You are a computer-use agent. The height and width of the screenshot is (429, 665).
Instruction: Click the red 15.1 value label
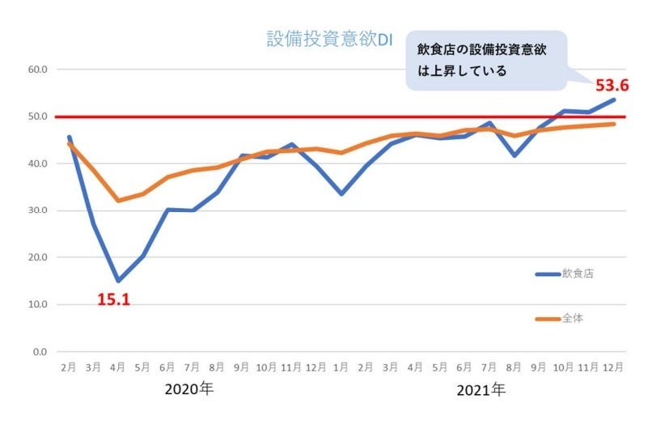point(114,299)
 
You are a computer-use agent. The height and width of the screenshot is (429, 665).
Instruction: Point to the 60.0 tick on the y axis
point(37,70)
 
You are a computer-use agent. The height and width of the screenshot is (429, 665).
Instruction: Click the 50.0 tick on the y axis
point(37,117)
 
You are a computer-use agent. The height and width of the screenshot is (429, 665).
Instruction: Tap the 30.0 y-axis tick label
point(37,210)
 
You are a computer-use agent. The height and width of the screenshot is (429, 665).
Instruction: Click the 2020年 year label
point(189,389)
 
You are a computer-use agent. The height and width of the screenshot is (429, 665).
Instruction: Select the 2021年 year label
point(481,390)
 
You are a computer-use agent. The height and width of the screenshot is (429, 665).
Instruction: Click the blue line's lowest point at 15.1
point(119,281)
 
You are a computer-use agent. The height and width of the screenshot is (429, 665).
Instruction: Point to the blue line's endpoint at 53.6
point(614,100)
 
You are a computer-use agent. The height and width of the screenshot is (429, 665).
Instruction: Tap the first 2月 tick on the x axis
point(69,367)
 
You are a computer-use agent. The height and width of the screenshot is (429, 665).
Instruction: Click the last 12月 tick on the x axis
point(614,367)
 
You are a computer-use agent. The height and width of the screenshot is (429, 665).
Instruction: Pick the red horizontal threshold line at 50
point(324,117)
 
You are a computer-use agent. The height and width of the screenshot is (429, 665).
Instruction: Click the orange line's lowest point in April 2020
point(119,201)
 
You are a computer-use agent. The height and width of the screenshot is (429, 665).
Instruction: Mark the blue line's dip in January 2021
point(342,194)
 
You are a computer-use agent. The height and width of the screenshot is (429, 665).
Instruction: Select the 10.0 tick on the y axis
point(37,305)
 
